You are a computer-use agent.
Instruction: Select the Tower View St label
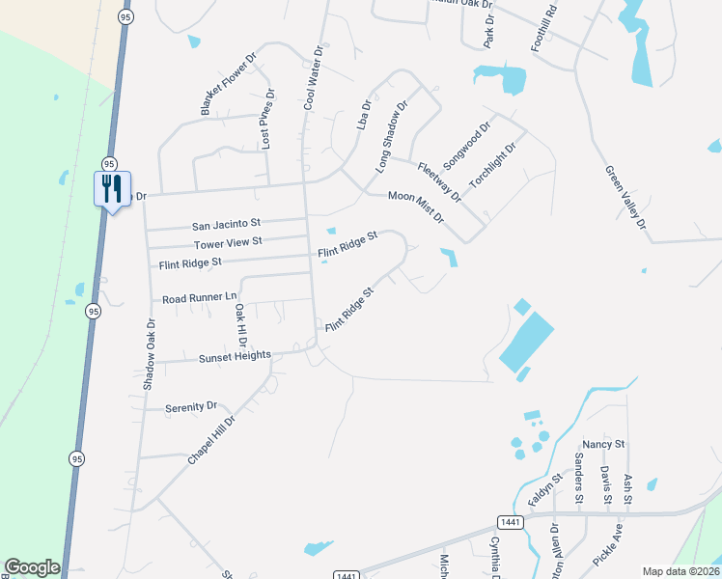(x=228, y=242)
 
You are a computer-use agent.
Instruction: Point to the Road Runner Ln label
(x=199, y=297)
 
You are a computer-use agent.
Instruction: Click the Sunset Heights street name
(x=236, y=357)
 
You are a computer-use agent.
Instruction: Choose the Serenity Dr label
(x=191, y=407)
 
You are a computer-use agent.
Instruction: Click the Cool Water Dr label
(x=313, y=76)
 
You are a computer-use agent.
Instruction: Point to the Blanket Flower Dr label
(x=229, y=84)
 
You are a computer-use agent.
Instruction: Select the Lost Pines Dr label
(x=268, y=120)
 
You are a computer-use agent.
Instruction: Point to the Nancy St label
(x=610, y=444)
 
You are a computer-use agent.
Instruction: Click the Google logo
(x=32, y=567)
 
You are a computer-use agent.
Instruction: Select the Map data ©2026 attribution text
(x=680, y=571)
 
